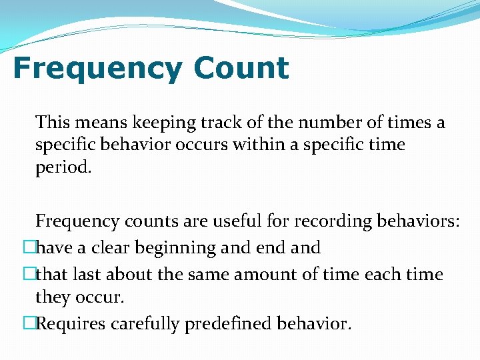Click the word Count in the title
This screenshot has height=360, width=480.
[241, 69]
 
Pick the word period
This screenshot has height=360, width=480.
[63, 167]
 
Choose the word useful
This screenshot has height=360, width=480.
[241, 221]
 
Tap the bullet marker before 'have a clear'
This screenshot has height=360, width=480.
[29, 248]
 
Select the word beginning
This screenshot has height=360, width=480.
[176, 249]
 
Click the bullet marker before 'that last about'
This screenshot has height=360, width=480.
[29, 274]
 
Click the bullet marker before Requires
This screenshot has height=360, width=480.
[29, 324]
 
